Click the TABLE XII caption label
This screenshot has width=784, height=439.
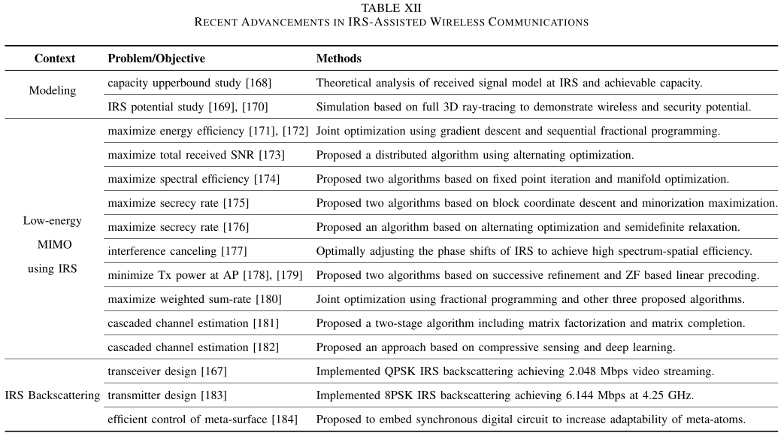(392, 8)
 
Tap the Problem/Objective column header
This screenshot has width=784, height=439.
(156, 58)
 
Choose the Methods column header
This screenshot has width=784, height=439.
(338, 58)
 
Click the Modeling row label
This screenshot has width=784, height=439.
(53, 91)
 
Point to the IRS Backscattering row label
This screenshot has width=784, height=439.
(53, 395)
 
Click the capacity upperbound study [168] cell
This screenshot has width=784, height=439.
(189, 82)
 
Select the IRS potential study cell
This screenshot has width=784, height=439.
(188, 107)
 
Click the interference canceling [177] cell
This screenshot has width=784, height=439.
(177, 251)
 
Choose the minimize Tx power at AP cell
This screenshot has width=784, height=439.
(205, 275)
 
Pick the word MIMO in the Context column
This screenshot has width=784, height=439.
(52, 245)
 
